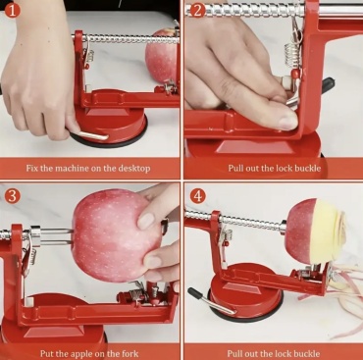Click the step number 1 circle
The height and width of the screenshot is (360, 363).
click(13, 10)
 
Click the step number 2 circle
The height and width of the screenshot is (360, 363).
click(197, 10)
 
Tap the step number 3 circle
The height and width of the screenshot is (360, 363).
click(13, 196)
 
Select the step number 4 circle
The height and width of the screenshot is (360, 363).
click(197, 196)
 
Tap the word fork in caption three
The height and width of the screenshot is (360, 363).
click(130, 353)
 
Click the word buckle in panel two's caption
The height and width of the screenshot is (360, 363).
click(307, 169)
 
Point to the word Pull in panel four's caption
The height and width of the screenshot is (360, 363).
click(234, 353)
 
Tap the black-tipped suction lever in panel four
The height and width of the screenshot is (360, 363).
click(210, 301)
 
